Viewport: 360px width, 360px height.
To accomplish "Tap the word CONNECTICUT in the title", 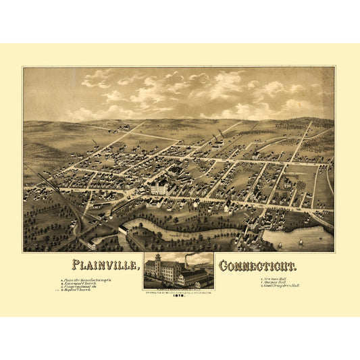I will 259,264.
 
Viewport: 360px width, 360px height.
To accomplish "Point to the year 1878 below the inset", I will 179,295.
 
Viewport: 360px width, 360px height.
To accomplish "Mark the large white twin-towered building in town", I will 158,185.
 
